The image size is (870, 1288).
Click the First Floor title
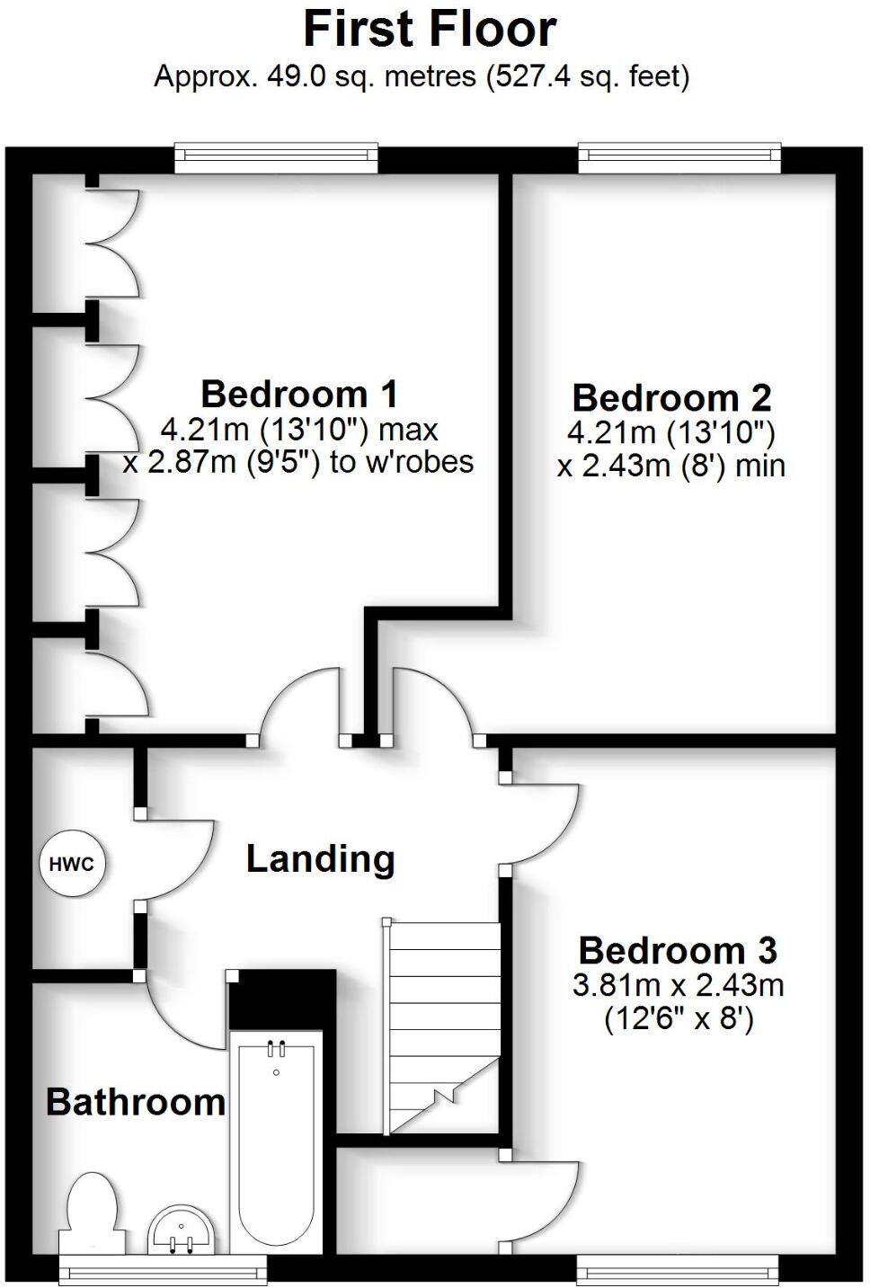(430, 29)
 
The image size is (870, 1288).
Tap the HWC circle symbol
(72, 865)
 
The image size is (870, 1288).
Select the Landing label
(321, 859)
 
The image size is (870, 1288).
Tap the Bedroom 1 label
(299, 394)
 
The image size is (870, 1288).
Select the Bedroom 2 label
(671, 397)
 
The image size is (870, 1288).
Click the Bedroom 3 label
(678, 950)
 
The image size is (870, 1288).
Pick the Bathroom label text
(136, 1102)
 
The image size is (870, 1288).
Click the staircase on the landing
(442, 1025)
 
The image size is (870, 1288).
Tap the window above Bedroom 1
(276, 157)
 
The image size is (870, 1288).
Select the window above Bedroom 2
(679, 157)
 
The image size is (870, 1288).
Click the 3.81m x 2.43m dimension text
(679, 985)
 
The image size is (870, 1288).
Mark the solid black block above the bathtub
(281, 999)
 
